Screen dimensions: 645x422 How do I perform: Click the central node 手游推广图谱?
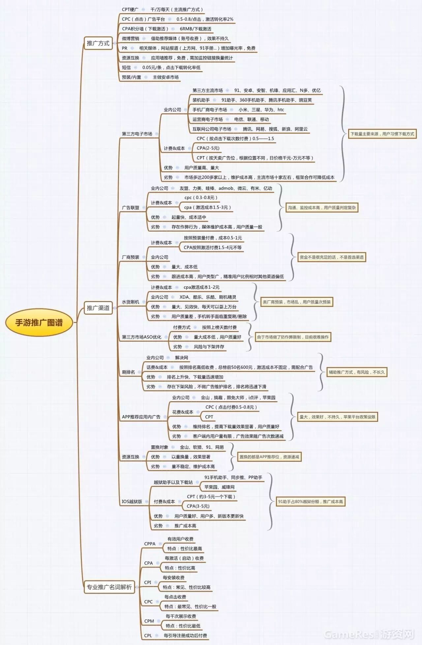39,322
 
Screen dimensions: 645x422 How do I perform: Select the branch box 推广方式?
98,43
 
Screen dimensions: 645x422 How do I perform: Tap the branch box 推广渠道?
98,308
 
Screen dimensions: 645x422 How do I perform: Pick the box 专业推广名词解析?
109,587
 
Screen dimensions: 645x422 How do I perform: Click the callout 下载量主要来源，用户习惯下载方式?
382,134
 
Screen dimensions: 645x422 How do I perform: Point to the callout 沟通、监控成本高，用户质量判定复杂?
322,208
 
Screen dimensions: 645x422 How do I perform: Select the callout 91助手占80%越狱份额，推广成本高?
311,501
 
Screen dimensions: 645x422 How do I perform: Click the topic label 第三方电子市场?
137,134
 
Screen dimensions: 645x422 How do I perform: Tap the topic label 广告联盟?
131,208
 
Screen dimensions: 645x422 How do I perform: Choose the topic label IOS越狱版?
132,501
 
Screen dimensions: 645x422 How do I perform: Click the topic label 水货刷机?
131,302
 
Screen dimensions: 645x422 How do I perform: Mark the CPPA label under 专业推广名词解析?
150,544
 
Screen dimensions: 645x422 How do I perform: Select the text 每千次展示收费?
181,616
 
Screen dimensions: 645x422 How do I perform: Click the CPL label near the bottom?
148,635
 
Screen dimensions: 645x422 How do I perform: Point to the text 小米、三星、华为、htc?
261,110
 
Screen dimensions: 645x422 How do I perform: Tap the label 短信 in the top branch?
126,68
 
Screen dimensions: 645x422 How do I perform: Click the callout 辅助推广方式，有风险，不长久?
357,372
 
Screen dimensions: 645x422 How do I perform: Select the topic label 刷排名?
128,372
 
